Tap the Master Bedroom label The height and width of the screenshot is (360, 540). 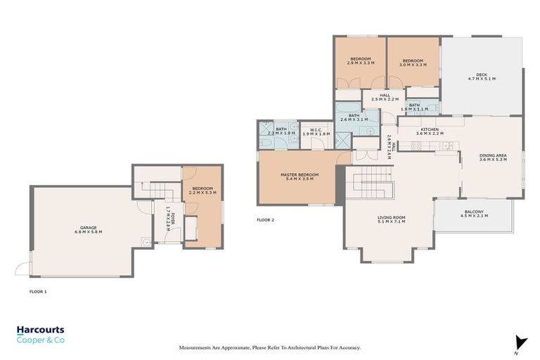coord(300,176)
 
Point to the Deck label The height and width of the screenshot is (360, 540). coord(482,77)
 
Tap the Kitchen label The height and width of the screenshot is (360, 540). coord(430,131)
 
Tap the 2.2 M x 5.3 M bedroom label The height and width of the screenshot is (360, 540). coord(203,191)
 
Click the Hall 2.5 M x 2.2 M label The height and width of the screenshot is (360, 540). coord(385,98)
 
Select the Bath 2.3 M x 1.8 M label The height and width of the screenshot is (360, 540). coord(280,131)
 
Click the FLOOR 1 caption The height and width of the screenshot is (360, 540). coord(37,290)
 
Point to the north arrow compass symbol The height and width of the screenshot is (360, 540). coord(520,343)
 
